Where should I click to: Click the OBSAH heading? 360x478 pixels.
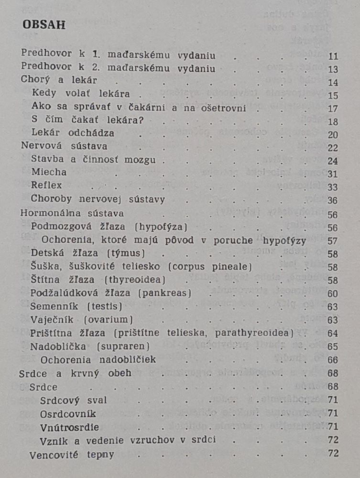pos(44,25)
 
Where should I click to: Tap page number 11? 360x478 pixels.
pos(333,56)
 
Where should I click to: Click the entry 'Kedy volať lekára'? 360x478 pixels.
pos(81,94)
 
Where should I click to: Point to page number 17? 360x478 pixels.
pos(333,109)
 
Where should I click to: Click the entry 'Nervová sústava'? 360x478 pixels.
pos(64,146)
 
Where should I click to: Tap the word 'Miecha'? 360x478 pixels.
pos(49,172)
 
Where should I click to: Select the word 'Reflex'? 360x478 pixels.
pos(46,185)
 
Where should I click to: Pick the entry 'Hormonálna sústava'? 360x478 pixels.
pos(72,213)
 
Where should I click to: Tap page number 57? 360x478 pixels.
pos(333,241)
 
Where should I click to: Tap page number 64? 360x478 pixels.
pos(333,333)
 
